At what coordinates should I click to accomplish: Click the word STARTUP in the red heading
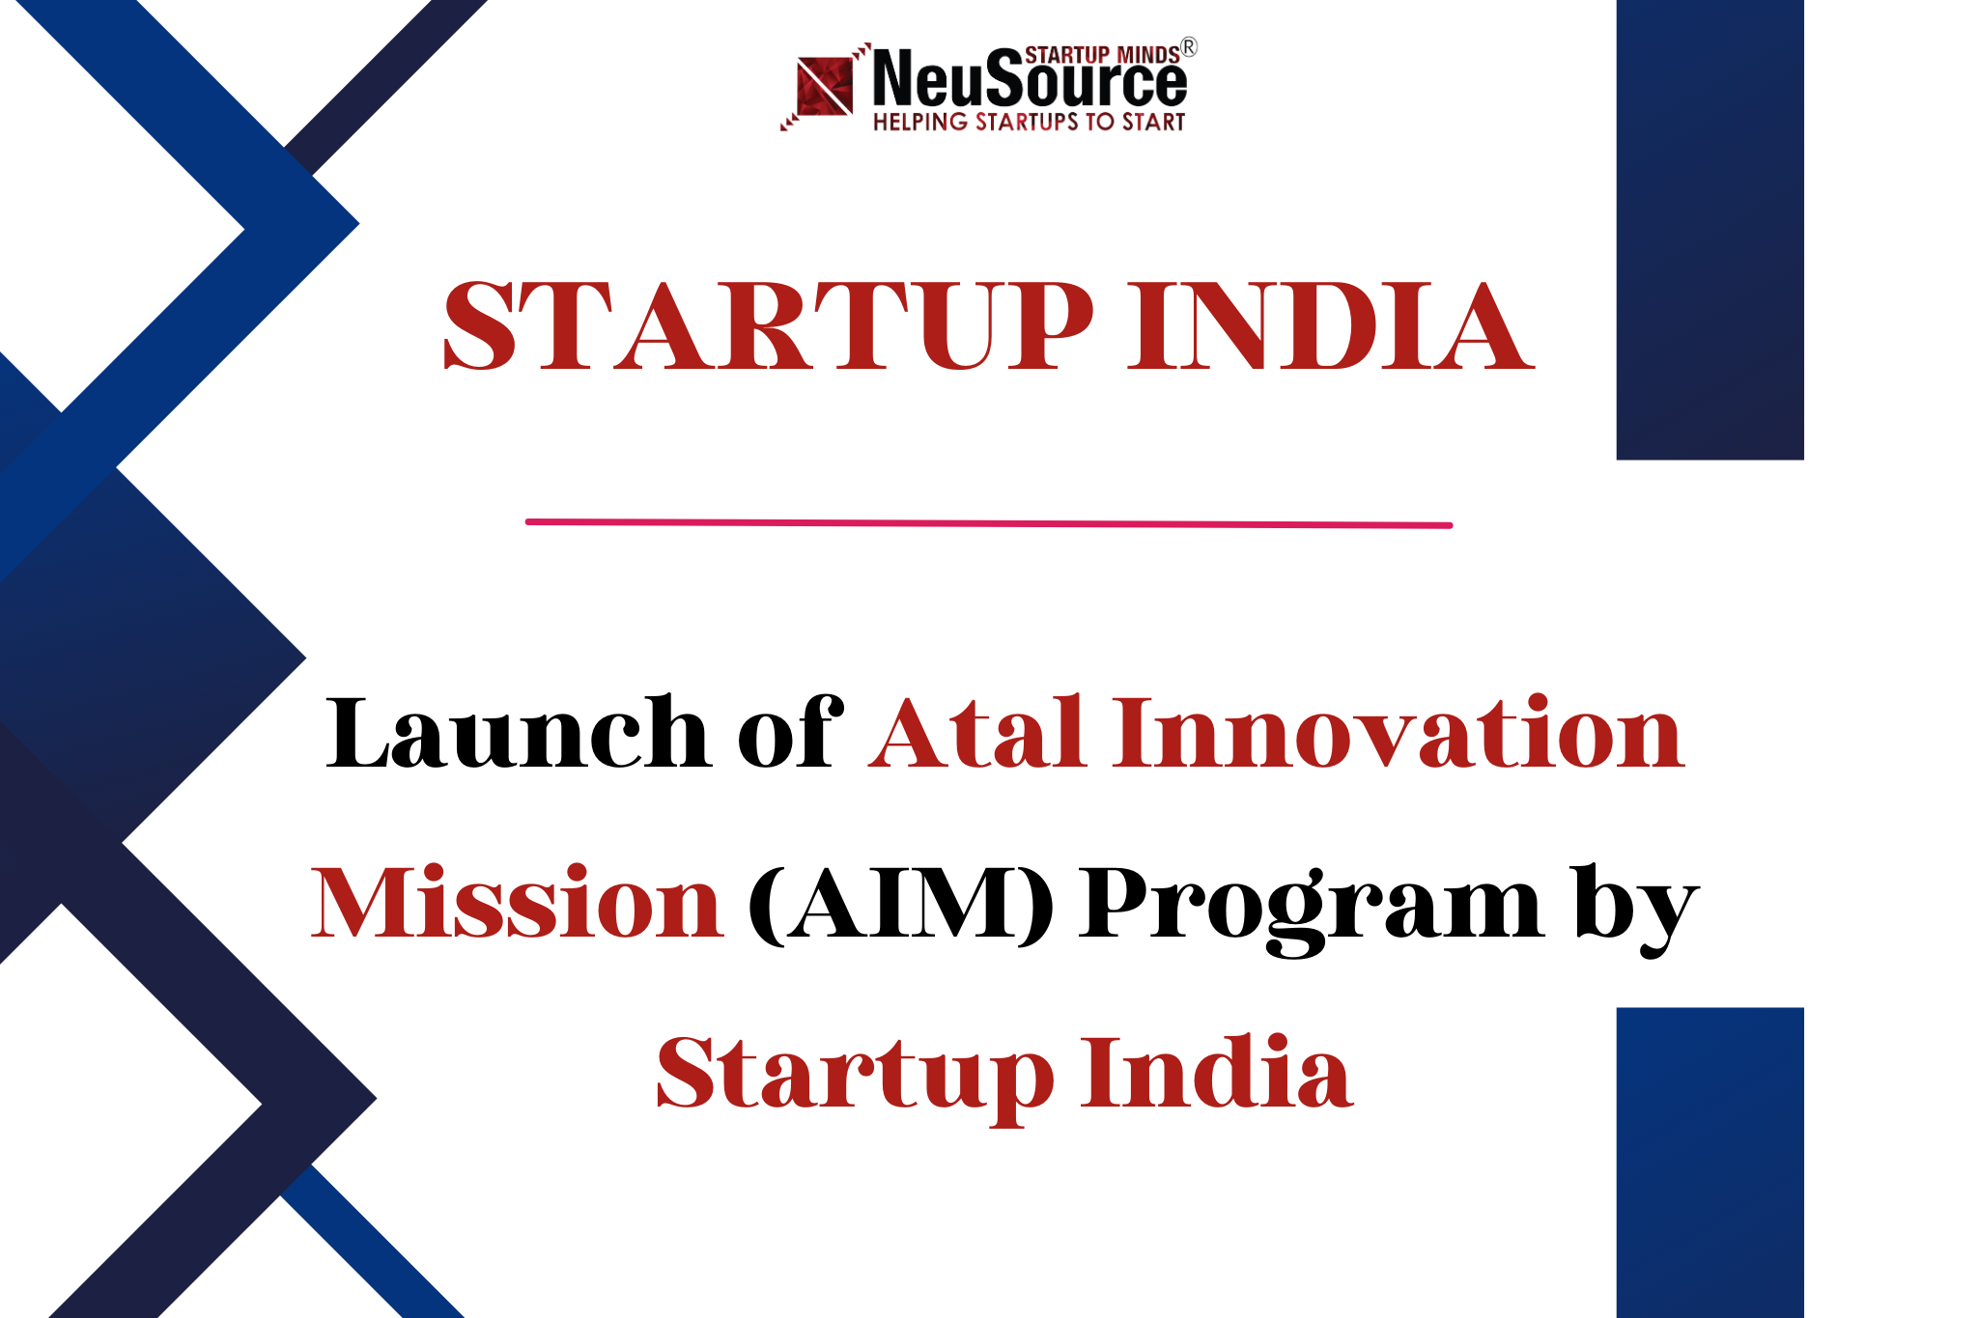(x=768, y=326)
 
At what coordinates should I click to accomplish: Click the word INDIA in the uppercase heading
(x=1330, y=326)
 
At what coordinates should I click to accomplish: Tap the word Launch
(x=518, y=734)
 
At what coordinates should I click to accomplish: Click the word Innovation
(x=1399, y=734)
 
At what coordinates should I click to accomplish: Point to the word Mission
(x=517, y=904)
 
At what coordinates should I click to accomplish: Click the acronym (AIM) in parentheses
(x=900, y=904)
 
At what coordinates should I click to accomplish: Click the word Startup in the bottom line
(x=854, y=1074)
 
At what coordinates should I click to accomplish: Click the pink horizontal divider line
(x=988, y=523)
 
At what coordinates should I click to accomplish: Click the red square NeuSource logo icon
(x=824, y=87)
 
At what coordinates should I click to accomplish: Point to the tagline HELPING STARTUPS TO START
(x=1029, y=123)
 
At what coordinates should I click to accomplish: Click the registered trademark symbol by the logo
(x=1189, y=47)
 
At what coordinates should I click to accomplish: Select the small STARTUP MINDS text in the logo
(x=1101, y=55)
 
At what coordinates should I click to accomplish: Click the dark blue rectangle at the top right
(x=1710, y=229)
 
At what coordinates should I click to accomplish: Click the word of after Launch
(x=790, y=734)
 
